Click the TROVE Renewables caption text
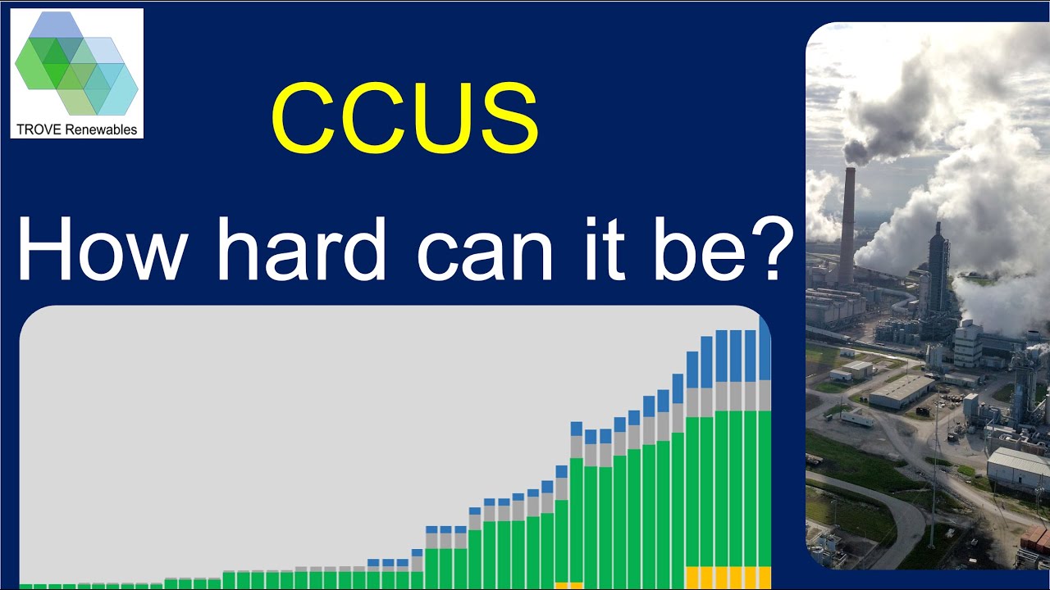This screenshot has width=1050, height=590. tap(77, 129)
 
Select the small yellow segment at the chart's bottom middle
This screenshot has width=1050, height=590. tap(568, 585)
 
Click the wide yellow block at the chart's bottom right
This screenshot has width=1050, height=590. tap(728, 577)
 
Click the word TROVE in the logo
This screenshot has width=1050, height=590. tap(35, 129)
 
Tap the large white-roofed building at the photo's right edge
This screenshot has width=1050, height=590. tap(1017, 467)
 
